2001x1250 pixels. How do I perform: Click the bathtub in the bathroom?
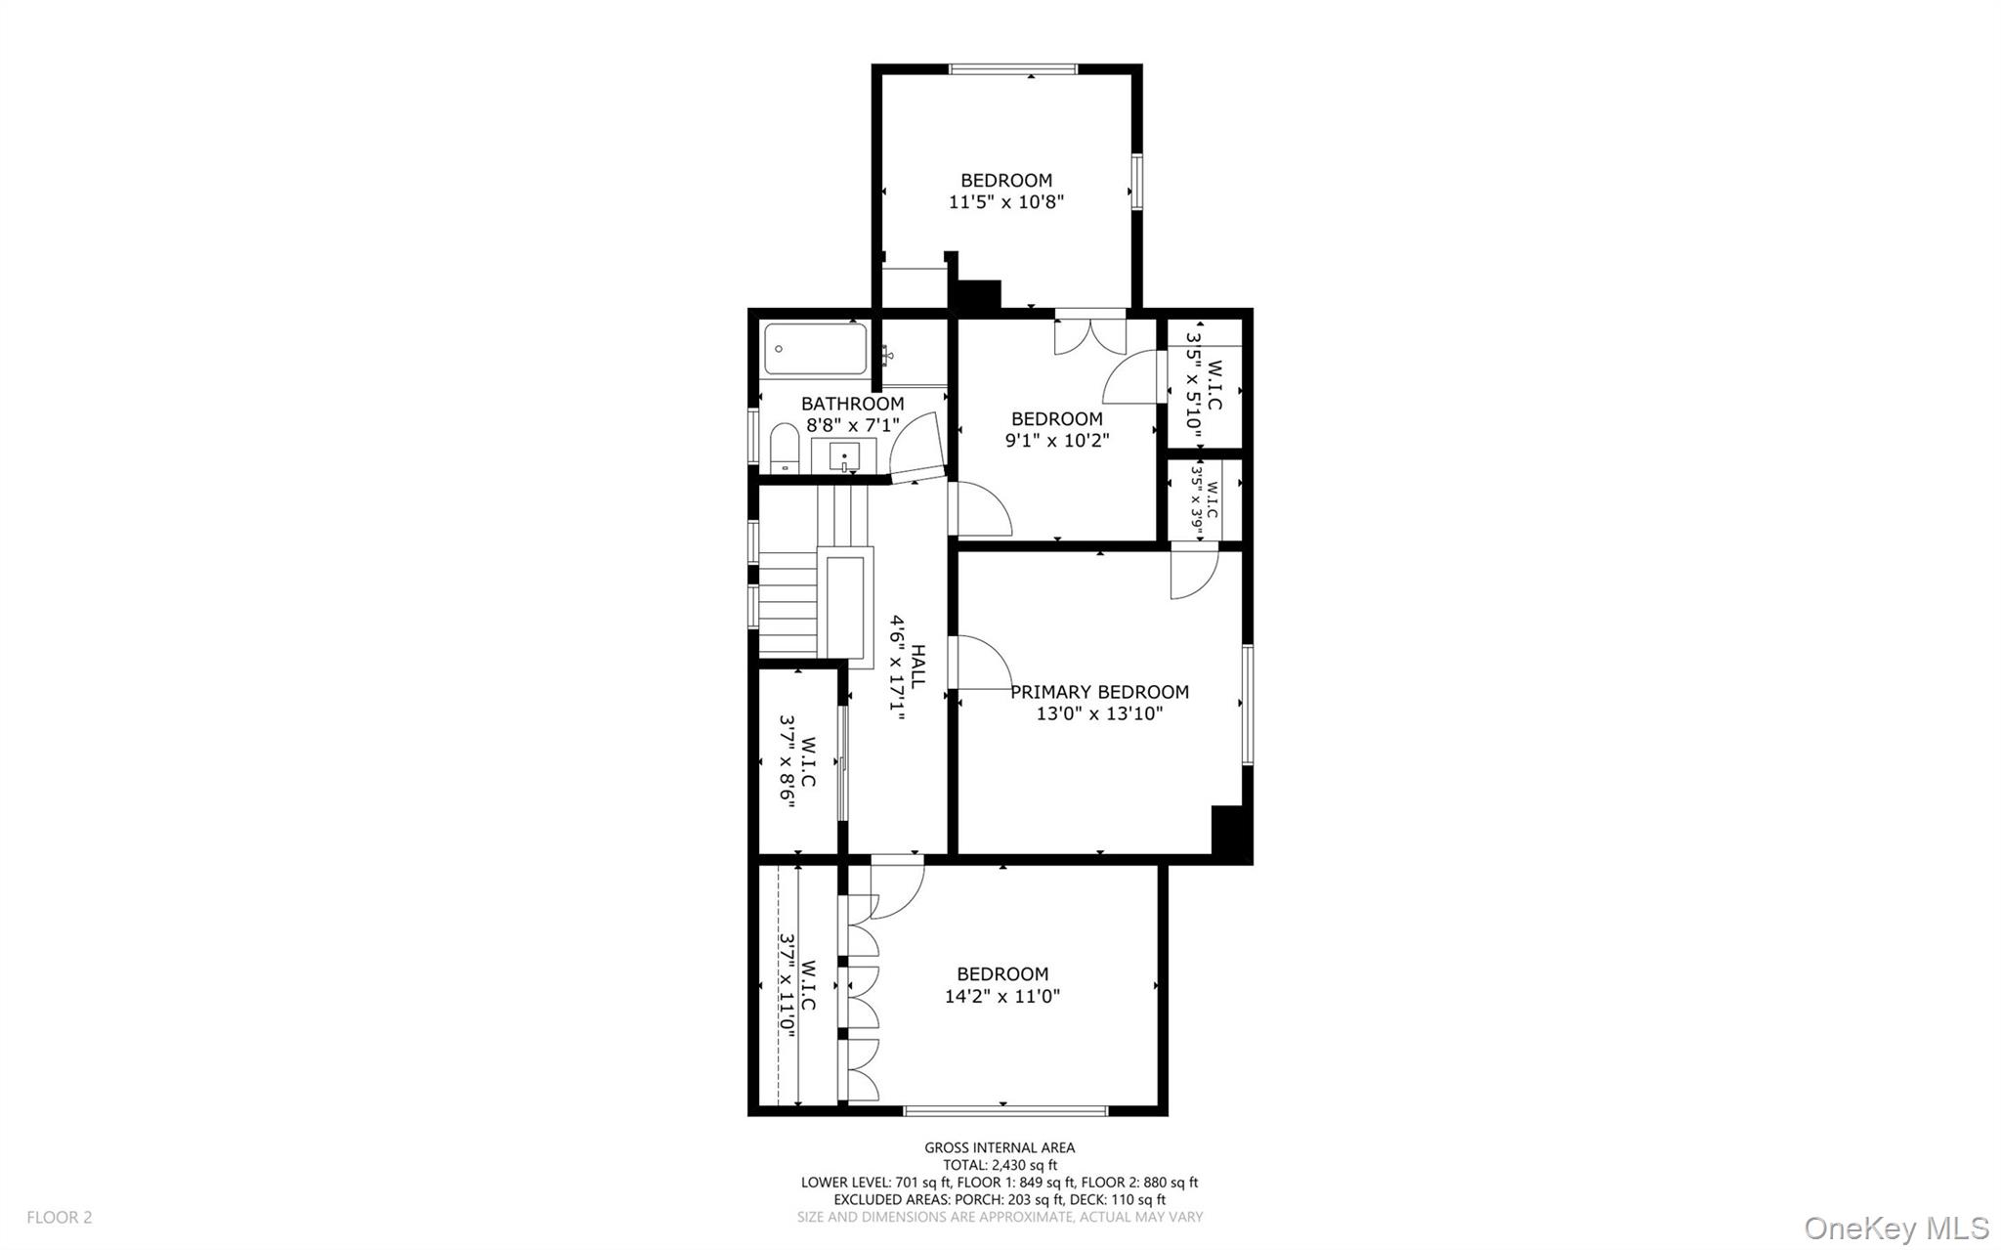[x=815, y=349]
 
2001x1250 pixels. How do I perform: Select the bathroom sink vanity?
[x=844, y=456]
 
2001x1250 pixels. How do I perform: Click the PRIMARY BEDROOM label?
[x=1099, y=692]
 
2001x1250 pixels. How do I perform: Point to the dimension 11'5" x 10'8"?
[x=1005, y=202]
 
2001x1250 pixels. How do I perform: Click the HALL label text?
[x=918, y=667]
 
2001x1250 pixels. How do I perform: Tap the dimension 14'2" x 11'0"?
[x=1001, y=997]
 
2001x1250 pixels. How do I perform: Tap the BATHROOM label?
[x=852, y=404]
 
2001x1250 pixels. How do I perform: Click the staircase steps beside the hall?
[x=788, y=604]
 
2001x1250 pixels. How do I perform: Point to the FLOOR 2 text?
[x=59, y=1218]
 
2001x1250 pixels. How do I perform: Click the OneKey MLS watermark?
[x=1895, y=1228]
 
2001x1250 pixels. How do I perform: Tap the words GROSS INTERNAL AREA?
[x=1000, y=1148]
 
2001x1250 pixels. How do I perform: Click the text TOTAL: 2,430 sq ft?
[x=1000, y=1165]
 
